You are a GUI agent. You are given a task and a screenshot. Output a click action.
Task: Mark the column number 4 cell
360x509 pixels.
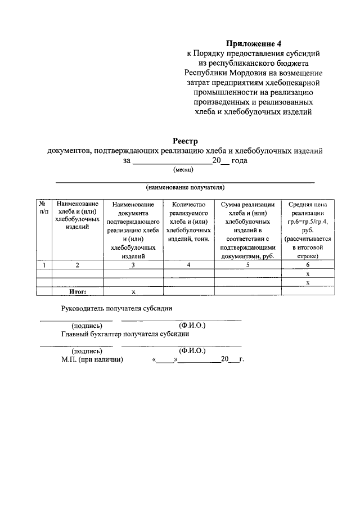[x=188, y=264]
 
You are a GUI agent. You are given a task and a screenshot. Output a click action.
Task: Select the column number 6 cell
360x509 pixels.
[x=308, y=264]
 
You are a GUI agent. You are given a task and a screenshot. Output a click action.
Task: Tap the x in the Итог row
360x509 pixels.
[x=133, y=291]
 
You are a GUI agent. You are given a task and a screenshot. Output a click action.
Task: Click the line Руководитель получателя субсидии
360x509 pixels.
[x=117, y=308]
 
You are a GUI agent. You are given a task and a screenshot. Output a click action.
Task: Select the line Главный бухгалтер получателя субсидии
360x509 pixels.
[x=125, y=334]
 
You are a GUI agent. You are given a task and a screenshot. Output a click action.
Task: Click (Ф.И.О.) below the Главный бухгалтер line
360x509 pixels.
[x=192, y=350]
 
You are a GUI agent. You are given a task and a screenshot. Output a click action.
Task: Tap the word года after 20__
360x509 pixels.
[x=240, y=160]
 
